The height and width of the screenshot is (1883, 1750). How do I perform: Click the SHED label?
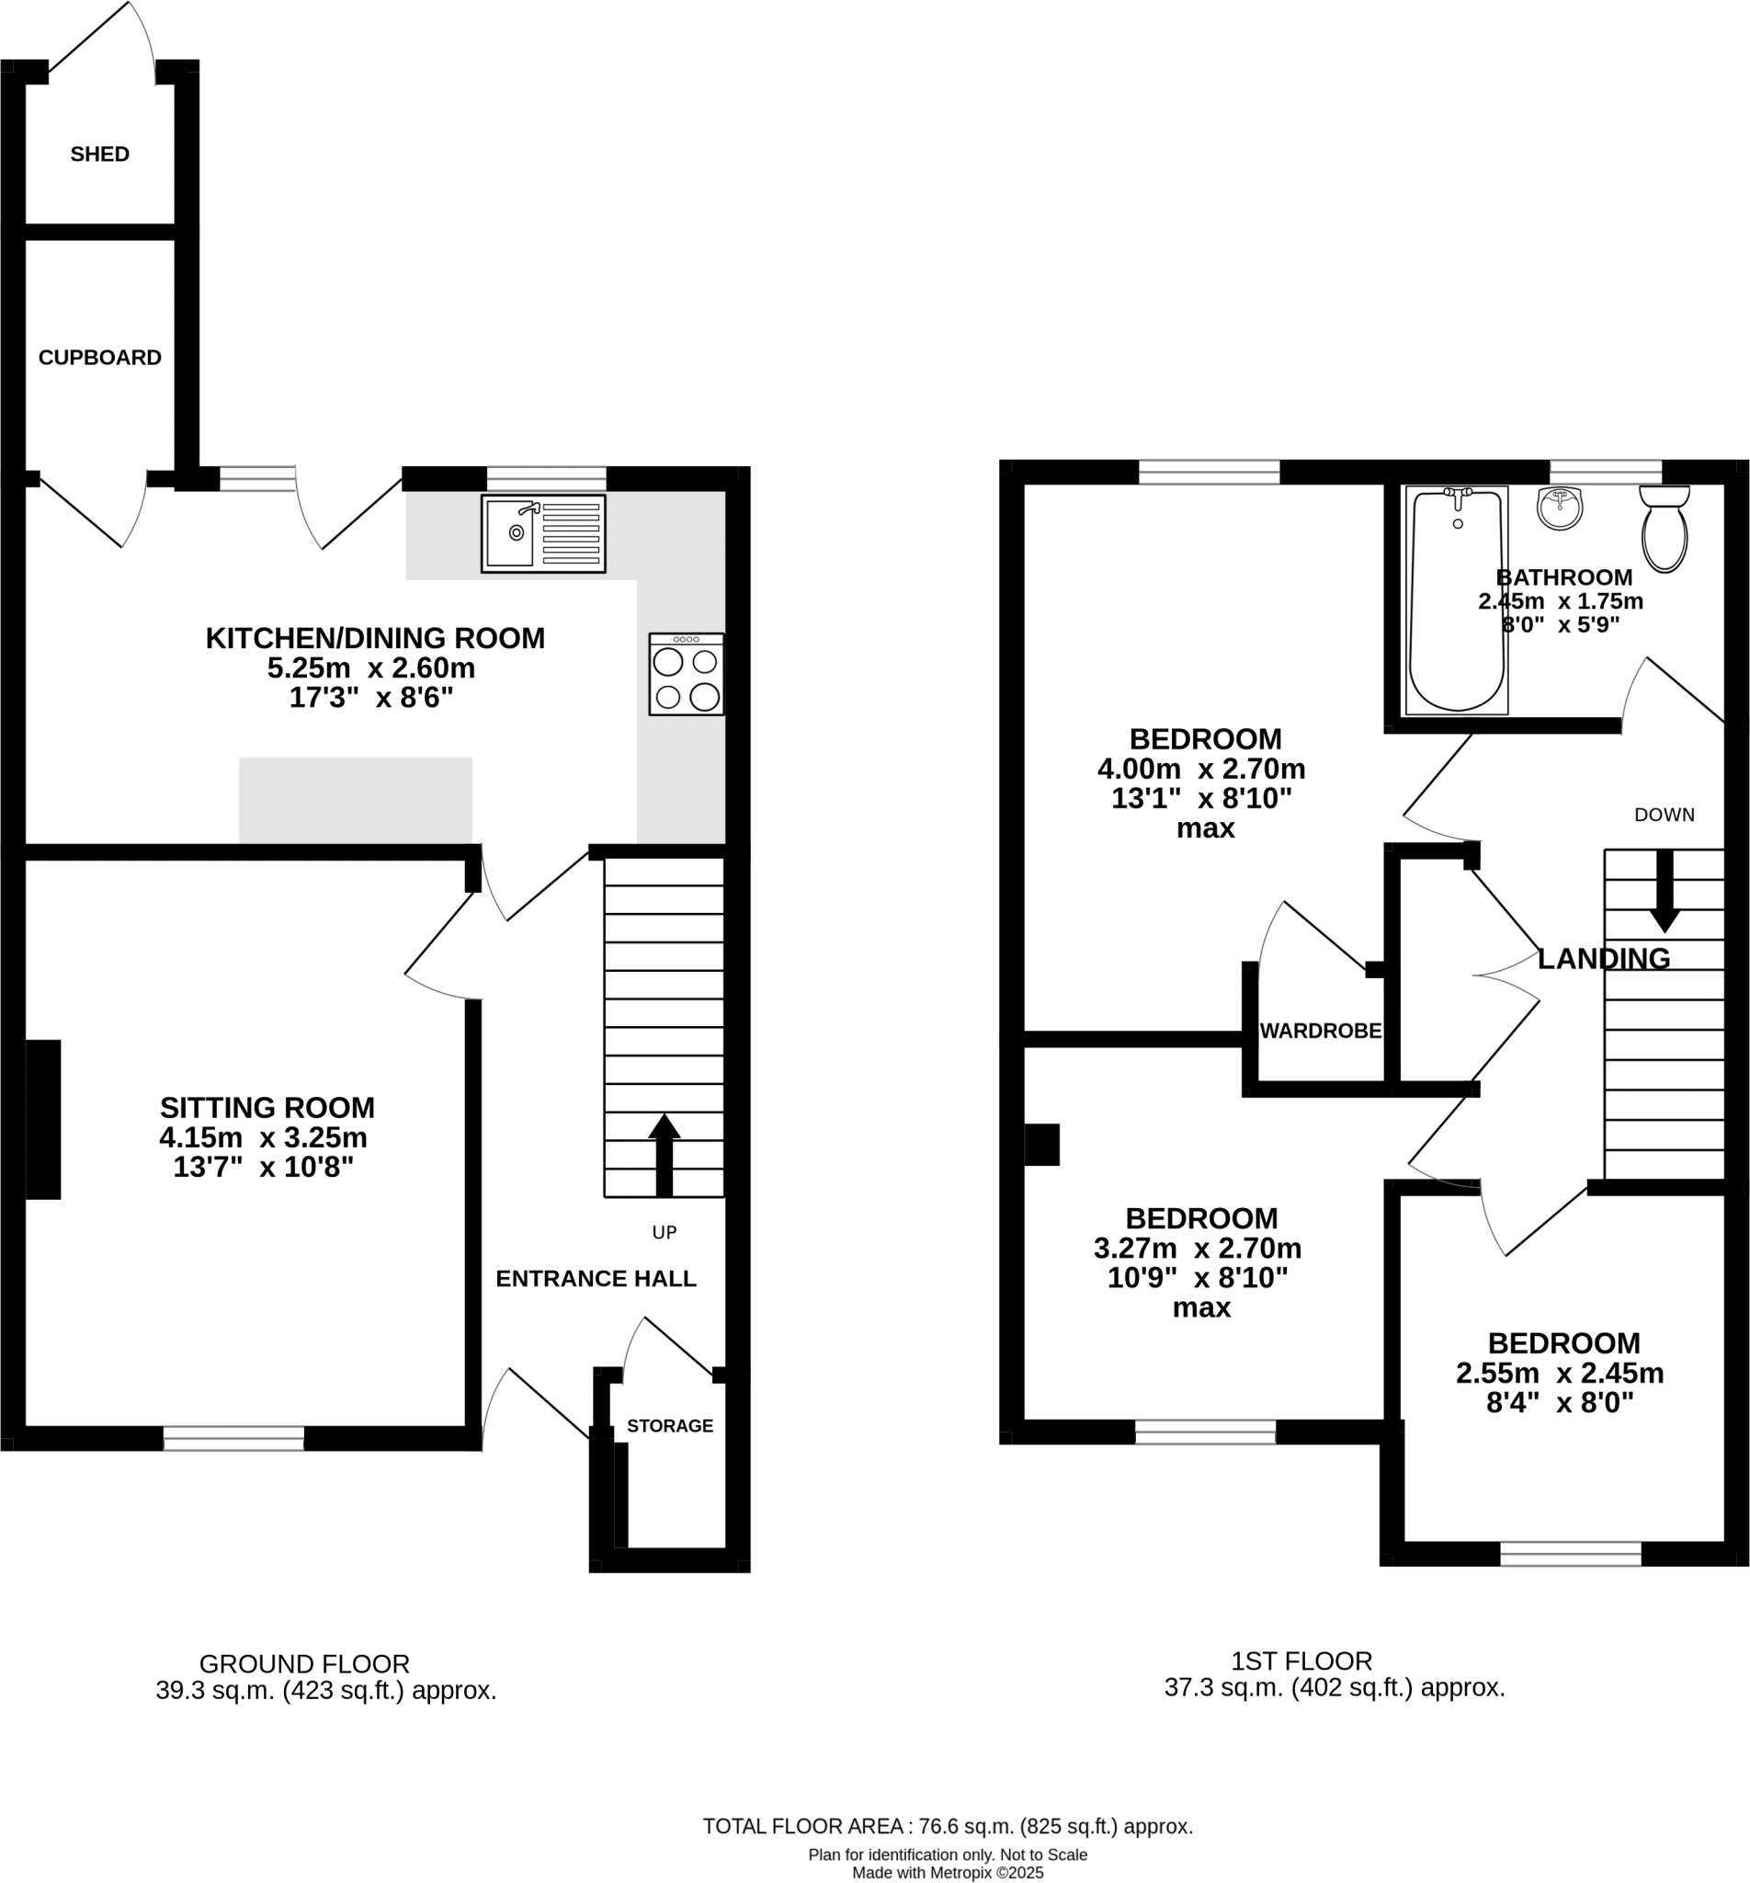(99, 154)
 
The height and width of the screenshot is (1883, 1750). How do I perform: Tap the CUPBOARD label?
(99, 358)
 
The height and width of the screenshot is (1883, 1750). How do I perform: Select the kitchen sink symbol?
(542, 534)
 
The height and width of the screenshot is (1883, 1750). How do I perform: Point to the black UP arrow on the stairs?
(664, 1154)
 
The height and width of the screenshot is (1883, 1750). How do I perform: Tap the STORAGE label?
(669, 1425)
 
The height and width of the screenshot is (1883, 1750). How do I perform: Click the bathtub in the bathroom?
(1457, 600)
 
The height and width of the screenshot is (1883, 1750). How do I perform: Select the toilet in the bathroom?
(1664, 530)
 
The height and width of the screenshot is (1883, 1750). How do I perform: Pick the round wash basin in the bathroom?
(1559, 508)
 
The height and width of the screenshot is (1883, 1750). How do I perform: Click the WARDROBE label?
(1320, 1032)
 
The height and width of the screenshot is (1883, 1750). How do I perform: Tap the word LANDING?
(1603, 960)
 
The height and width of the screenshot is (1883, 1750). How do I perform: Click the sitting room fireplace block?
(42, 1120)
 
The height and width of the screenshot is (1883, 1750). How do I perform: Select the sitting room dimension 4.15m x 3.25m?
(263, 1137)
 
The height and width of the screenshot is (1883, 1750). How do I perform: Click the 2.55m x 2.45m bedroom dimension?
(1560, 1373)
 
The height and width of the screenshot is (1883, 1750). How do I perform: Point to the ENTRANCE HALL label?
(596, 1279)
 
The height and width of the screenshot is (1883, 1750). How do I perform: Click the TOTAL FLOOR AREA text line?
(947, 1826)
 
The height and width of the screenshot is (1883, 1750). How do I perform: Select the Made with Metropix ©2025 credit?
(947, 1873)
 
